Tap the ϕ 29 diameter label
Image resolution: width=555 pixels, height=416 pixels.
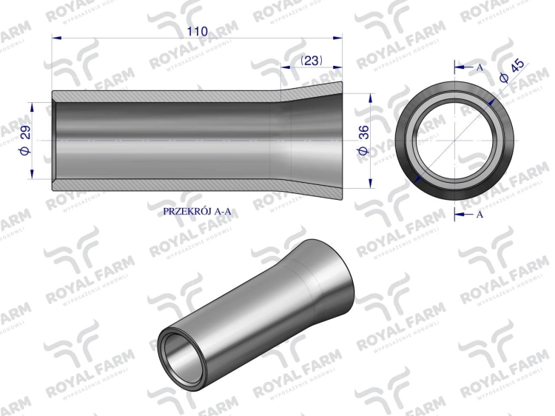[25, 139]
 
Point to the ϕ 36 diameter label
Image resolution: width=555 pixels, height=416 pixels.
[362, 139]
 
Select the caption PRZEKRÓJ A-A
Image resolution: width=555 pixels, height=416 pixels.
[197, 211]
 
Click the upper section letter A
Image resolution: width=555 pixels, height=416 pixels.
[480, 67]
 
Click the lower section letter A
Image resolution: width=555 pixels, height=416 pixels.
[480, 215]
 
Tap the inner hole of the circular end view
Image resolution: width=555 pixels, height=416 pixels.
[453, 140]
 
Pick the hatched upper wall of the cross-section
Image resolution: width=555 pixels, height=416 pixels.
[163, 96]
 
